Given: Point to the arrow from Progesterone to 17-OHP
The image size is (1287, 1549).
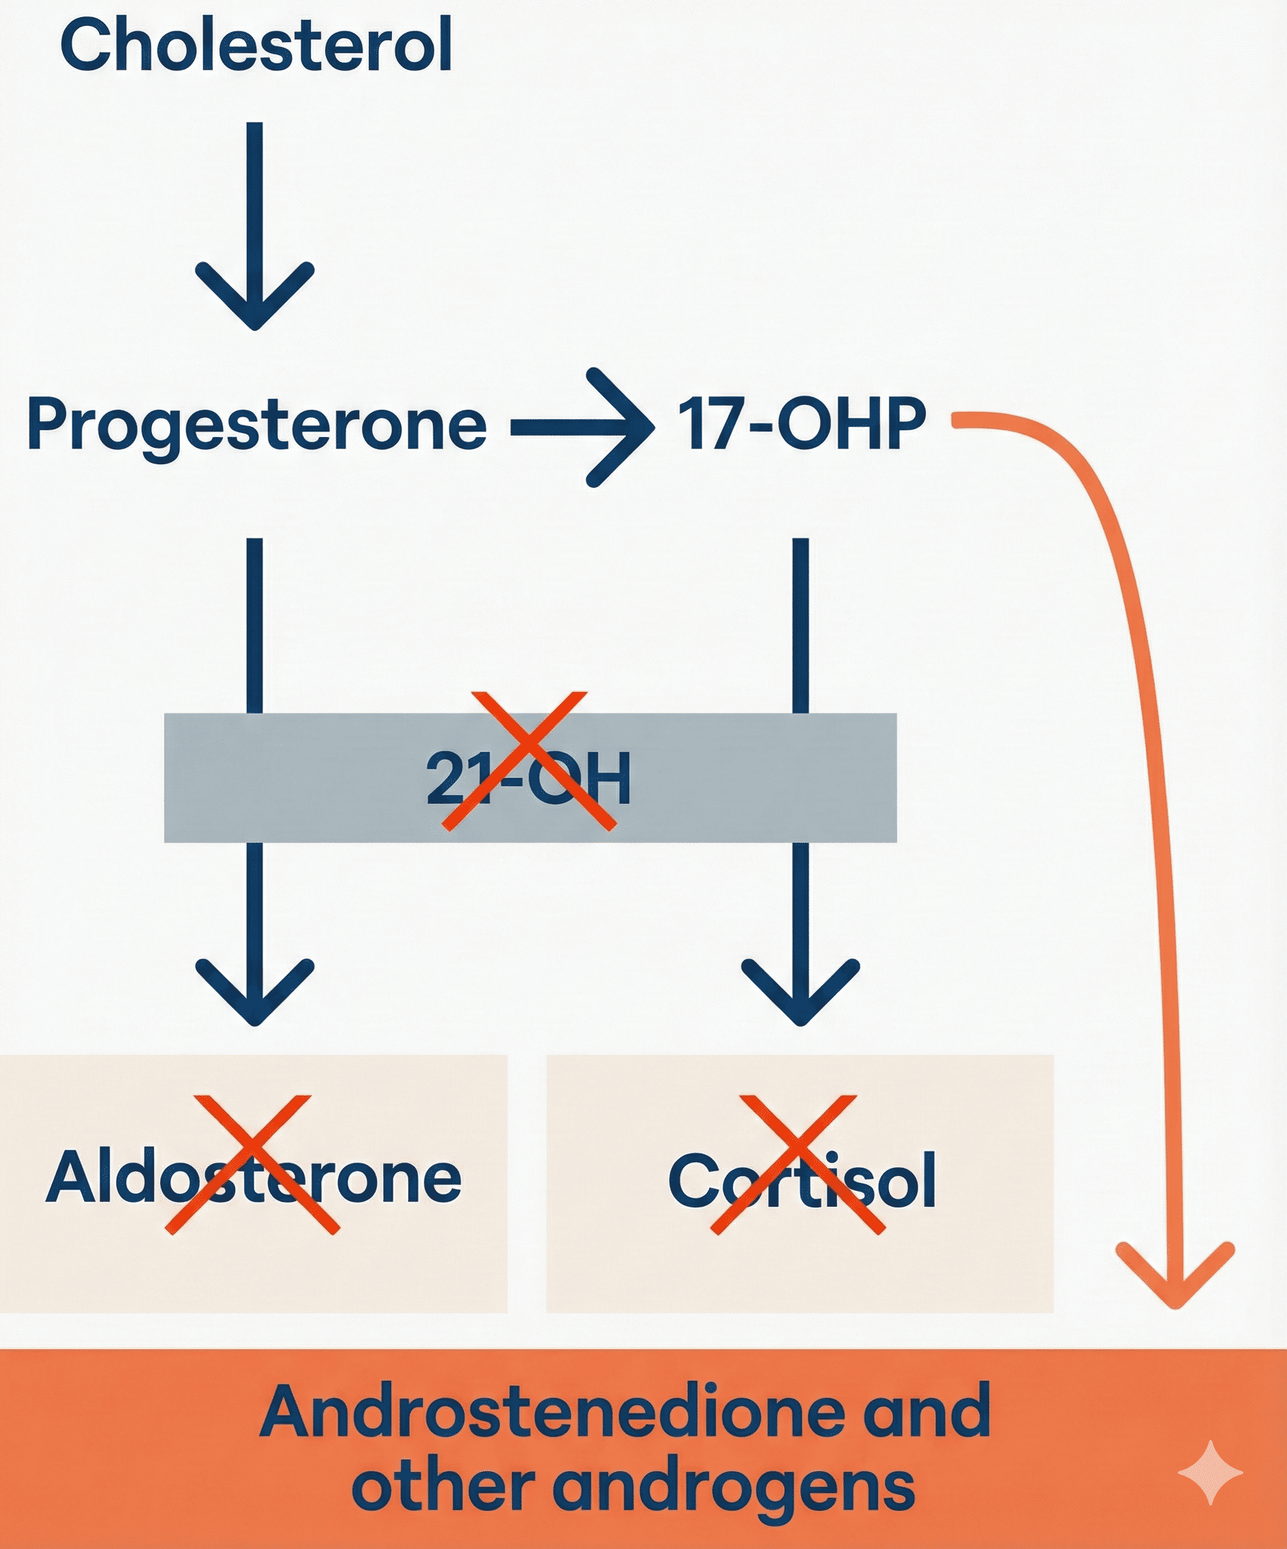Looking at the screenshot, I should pos(583,427).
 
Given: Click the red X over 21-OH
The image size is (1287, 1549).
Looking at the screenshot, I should pos(528,760).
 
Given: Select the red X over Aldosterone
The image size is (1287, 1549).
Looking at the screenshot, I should pos(252,1164).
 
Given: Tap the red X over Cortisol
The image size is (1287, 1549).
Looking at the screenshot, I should pos(798,1164).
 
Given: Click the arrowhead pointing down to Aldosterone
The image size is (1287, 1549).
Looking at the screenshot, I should pos(254,992).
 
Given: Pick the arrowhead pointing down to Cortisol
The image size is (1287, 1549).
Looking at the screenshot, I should pos(800,992).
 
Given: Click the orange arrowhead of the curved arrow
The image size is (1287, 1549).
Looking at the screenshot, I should pos(1175,1280).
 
